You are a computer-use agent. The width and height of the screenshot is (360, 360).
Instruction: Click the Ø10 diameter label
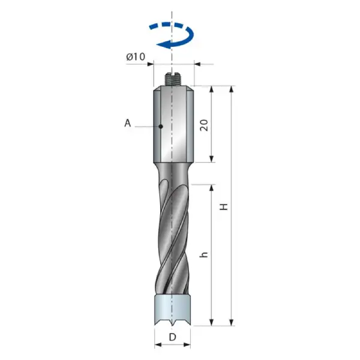click(136, 57)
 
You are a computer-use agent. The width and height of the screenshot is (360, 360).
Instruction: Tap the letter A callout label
click(128, 123)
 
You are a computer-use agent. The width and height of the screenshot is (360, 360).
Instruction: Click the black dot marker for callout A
click(161, 126)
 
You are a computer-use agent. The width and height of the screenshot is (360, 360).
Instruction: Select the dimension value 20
click(204, 125)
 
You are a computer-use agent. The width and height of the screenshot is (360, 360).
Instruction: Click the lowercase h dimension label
click(203, 254)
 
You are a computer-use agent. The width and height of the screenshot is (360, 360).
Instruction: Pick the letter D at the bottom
click(172, 337)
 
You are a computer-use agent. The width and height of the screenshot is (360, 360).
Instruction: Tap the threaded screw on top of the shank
click(173, 79)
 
